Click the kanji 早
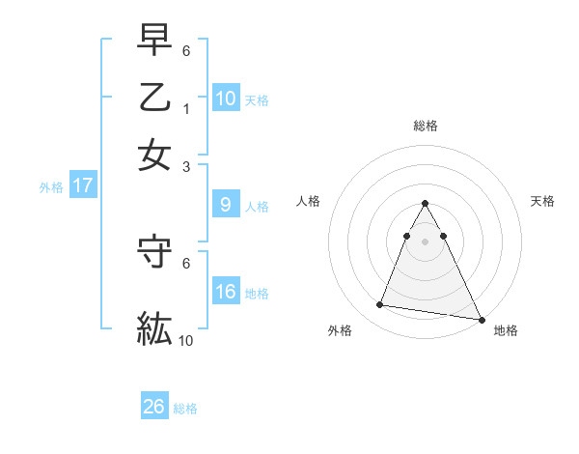click(x=154, y=41)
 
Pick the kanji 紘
click(x=154, y=329)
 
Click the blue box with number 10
click(x=225, y=98)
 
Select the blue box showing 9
click(x=225, y=204)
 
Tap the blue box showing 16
click(x=225, y=291)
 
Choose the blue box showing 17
click(x=82, y=185)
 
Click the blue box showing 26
click(x=154, y=407)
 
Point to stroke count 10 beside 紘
click(x=186, y=341)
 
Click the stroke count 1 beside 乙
click(x=186, y=109)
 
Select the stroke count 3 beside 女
click(x=186, y=166)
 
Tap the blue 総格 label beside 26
click(x=185, y=409)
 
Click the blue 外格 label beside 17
click(x=50, y=187)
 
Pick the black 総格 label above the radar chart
click(x=425, y=126)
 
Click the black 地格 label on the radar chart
click(x=506, y=330)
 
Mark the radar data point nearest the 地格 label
click(x=482, y=318)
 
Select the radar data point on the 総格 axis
click(x=425, y=204)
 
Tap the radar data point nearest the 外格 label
click(x=380, y=305)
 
